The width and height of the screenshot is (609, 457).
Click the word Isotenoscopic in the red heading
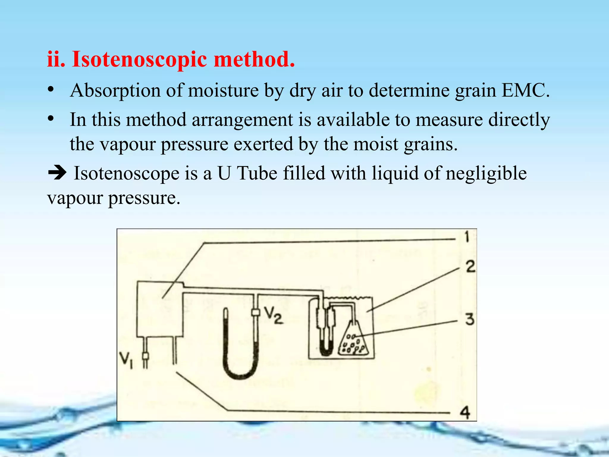click(139, 60)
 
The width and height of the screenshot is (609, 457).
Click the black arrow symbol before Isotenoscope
click(57, 173)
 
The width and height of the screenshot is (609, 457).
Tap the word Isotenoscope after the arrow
click(126, 174)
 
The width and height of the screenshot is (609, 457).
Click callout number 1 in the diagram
click(467, 237)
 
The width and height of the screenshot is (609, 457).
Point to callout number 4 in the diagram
click(465, 413)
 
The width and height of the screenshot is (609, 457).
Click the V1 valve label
click(126, 360)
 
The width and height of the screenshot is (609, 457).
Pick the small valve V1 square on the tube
click(145, 356)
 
